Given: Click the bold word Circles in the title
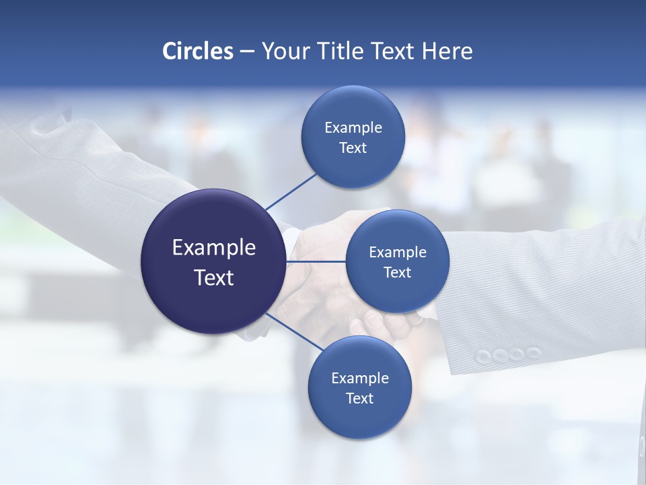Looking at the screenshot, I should [x=198, y=51].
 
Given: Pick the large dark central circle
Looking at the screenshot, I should [x=213, y=261].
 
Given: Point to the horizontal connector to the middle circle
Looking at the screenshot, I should [x=316, y=261].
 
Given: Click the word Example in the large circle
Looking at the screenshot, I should [x=213, y=248].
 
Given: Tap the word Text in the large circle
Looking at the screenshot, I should [x=213, y=278].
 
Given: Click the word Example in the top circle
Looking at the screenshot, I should [x=353, y=128].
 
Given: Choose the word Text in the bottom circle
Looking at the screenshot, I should [x=359, y=399].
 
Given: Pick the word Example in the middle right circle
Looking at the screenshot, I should [x=397, y=253].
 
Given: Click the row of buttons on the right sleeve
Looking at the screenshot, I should [x=508, y=354].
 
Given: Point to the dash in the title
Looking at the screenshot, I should [x=247, y=51].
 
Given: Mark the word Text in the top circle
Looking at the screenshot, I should [x=353, y=148].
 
